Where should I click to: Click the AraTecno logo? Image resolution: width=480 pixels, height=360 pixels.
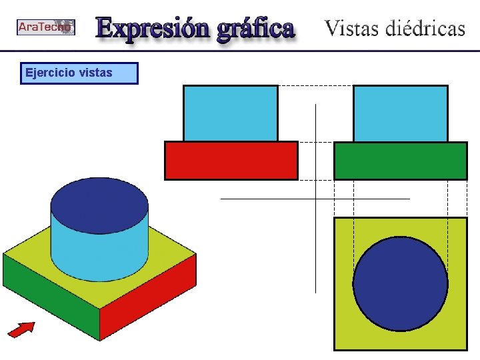(45, 27)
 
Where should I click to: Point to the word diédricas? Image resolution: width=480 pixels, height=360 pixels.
(427, 29)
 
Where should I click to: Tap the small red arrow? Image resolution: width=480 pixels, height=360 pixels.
(21, 328)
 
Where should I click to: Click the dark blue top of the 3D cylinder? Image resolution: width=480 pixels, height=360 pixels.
(99, 205)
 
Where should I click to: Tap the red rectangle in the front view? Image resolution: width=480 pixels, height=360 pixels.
(231, 161)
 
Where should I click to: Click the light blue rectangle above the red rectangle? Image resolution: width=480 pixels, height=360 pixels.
(230, 113)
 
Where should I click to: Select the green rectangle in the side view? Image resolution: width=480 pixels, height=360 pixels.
(400, 161)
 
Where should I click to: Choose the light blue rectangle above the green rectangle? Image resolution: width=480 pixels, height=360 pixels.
(400, 113)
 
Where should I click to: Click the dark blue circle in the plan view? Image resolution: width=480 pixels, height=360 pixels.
(400, 283)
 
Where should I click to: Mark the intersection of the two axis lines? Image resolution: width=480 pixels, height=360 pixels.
(315, 199)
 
